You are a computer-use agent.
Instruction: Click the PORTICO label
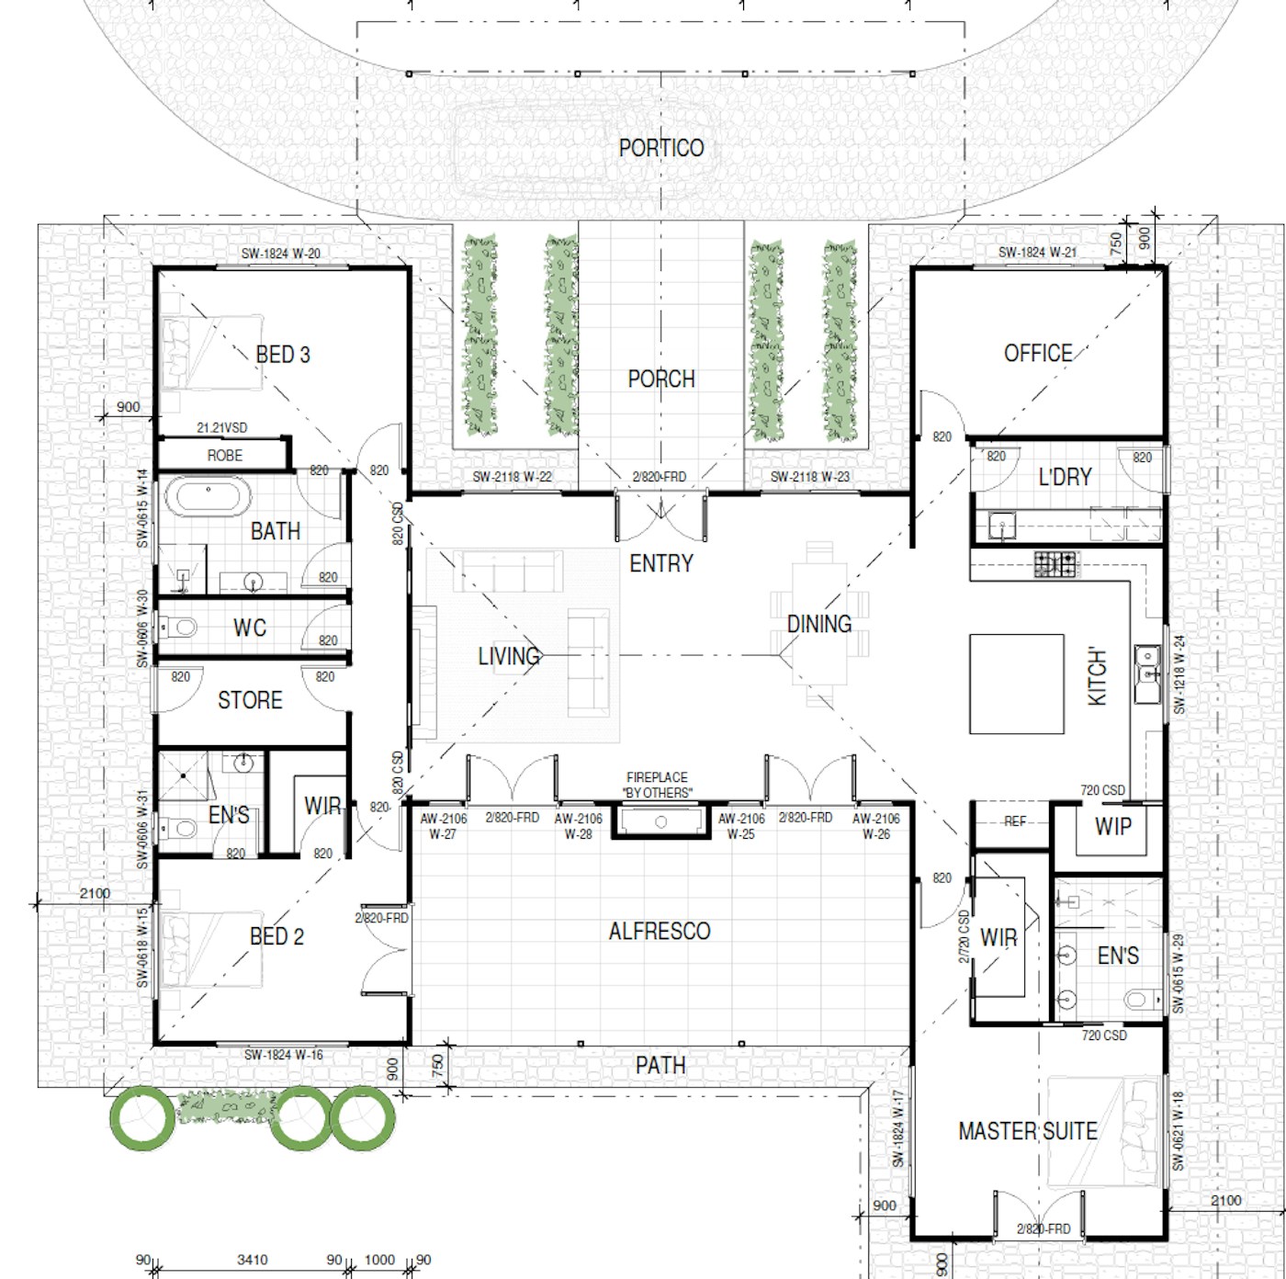[x=660, y=148]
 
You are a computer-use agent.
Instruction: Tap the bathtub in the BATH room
[x=209, y=497]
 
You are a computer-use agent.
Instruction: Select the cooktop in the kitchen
[x=1055, y=564]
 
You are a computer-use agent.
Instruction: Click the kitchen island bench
[x=1016, y=684]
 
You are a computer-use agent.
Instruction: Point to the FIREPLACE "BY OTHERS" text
[x=658, y=785]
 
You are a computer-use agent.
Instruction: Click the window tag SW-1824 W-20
[x=281, y=253]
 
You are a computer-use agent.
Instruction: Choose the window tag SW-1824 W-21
[x=1038, y=253]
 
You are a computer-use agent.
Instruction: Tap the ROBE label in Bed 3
[x=225, y=455]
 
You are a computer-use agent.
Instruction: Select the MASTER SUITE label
[x=1028, y=1131]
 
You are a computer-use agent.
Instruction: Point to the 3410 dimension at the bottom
[x=253, y=1260]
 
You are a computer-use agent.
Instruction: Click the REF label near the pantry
[x=1014, y=821]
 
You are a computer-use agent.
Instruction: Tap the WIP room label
[x=1113, y=826]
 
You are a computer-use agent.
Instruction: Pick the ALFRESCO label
[x=660, y=931]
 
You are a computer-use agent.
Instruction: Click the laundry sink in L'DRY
[x=1002, y=525]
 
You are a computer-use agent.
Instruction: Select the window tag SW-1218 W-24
[x=1179, y=674]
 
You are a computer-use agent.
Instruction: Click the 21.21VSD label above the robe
[x=221, y=427]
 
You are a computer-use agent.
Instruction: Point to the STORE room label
[x=250, y=699]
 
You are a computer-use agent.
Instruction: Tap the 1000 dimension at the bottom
[x=379, y=1260]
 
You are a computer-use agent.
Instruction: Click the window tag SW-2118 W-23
[x=810, y=477]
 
